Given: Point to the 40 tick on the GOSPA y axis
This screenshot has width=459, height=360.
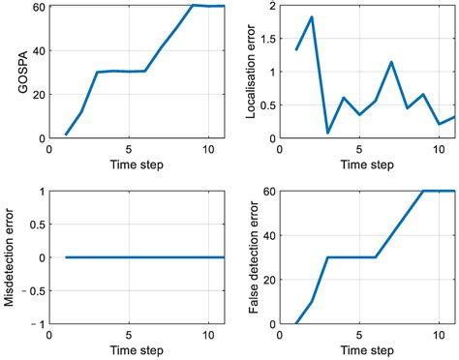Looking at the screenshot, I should tap(38, 50).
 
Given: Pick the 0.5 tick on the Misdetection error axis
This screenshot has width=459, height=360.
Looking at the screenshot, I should tap(34, 225).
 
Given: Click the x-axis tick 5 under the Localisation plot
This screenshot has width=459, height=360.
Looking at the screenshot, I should tap(359, 149).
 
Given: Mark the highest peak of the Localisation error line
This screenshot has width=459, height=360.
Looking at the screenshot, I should tap(312, 17).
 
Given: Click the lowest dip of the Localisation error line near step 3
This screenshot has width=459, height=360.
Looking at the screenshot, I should tap(327, 133).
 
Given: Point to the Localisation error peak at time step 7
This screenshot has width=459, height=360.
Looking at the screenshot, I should tap(391, 62).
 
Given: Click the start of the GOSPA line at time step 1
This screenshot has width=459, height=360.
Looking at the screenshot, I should tap(66, 135).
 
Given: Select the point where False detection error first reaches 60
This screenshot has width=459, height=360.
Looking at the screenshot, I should tap(423, 191).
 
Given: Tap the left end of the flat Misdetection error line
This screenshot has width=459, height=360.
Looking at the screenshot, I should tap(66, 257).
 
